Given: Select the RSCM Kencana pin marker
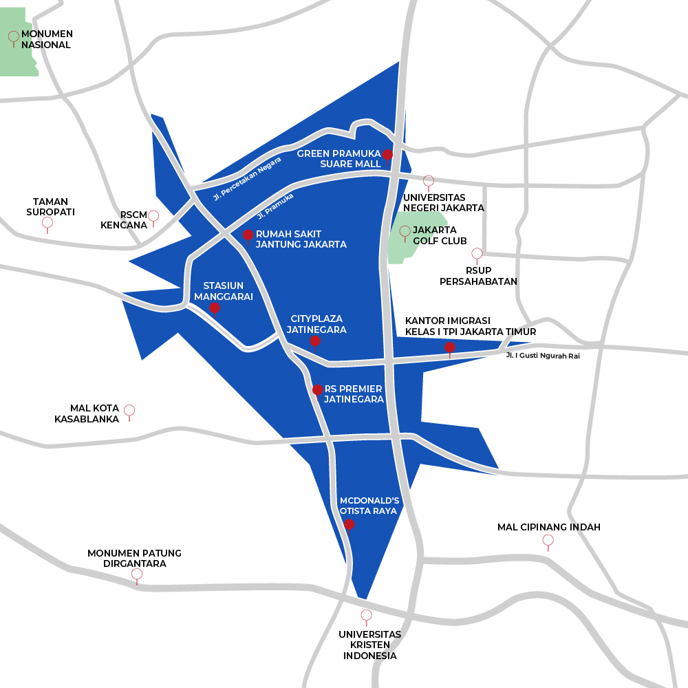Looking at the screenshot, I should [x=153, y=216].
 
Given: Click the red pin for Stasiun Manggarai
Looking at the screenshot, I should [x=214, y=308].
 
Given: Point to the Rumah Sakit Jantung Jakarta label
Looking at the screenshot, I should [x=301, y=239].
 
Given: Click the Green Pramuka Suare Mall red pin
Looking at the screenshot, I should [x=387, y=155].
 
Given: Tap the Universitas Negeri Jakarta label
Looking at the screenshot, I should [x=444, y=202].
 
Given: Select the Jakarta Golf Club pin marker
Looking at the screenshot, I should [x=405, y=230].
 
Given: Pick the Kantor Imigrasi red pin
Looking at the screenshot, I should [x=450, y=347].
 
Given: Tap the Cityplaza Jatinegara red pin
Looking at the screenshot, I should [x=315, y=341].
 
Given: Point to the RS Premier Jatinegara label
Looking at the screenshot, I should [x=354, y=394].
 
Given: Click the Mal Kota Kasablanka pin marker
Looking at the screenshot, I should [x=129, y=410].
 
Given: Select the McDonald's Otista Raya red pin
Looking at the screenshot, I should [x=349, y=524].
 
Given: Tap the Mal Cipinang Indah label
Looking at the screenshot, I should [x=549, y=527].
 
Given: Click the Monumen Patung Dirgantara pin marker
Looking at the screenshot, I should [x=137, y=574].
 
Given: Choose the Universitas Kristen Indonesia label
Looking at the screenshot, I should [x=370, y=645].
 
